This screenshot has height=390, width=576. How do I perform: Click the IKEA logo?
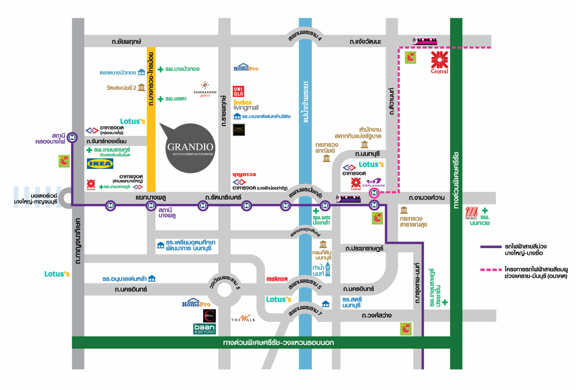100,164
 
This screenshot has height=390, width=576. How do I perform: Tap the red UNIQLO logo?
238,91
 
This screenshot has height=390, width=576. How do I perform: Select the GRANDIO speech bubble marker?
190,147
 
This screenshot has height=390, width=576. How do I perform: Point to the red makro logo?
277,279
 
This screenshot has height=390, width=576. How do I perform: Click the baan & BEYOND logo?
205,329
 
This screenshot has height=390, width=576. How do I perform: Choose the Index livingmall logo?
246,105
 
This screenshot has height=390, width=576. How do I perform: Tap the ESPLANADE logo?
373,183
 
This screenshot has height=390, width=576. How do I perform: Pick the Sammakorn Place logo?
205,89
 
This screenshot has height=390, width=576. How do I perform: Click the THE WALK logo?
243,319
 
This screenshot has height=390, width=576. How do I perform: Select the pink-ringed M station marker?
374,193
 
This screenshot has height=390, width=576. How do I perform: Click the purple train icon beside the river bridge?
348,198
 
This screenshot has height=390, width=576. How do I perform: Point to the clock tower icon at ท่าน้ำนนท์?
328,269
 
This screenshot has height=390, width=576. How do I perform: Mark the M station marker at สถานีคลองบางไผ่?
72,138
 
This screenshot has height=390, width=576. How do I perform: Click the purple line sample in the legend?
491,247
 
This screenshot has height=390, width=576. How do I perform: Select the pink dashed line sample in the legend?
491,270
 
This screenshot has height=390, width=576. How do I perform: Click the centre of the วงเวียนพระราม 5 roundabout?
224,290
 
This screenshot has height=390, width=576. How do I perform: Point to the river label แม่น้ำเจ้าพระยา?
306,102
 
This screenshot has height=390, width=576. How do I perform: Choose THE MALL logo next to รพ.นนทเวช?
471,213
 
